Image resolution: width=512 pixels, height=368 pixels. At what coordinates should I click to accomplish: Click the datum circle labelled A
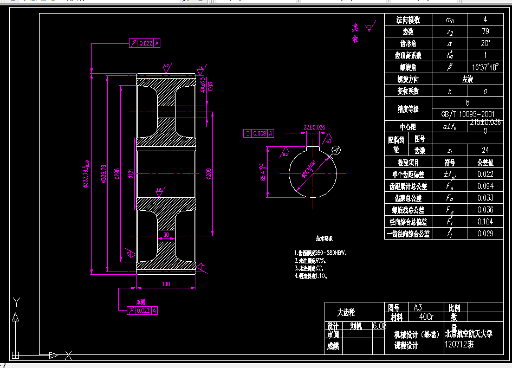pos(335,150)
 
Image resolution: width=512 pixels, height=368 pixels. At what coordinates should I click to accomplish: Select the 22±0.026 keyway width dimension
pos(314,127)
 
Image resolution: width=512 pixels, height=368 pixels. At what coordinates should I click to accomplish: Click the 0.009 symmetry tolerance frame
pos(260,133)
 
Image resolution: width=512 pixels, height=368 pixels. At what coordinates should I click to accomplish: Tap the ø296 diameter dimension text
pos(118,173)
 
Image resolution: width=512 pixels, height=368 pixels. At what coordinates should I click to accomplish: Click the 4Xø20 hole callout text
pos(203,86)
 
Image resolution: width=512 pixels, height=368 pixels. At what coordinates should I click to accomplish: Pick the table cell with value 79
pos(485,31)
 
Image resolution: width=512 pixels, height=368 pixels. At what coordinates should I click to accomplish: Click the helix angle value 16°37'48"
pos(485,67)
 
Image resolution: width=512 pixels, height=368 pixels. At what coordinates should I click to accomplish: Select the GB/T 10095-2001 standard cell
pos(468,114)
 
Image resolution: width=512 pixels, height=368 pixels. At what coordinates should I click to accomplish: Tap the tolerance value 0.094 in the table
pos(485,186)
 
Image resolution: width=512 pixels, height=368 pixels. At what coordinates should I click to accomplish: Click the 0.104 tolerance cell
pos(485,222)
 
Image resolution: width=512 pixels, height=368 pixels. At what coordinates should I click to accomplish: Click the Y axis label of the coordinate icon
pos(16,302)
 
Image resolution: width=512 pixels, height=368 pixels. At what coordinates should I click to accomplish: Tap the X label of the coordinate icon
pos(69,356)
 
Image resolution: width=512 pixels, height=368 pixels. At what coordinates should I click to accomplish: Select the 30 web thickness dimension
pos(165,235)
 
